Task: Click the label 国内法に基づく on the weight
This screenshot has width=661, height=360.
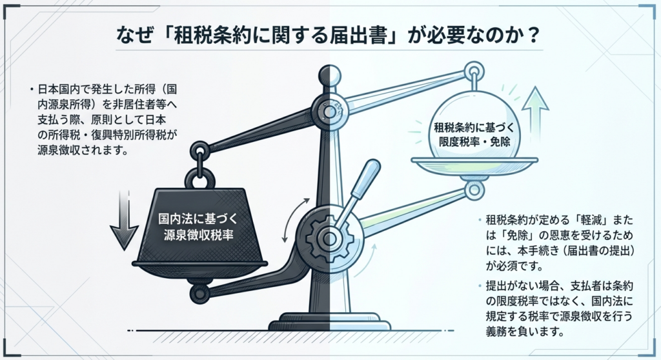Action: pyautogui.click(x=198, y=219)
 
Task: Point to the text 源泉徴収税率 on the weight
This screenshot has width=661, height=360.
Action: pyautogui.click(x=198, y=235)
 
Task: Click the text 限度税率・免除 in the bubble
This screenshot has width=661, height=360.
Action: pyautogui.click(x=474, y=142)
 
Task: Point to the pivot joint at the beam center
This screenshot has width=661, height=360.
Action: pyautogui.click(x=329, y=111)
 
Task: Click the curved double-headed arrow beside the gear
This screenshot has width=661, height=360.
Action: pyautogui.click(x=294, y=219)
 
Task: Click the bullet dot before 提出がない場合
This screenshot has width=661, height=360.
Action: pyautogui.click(x=480, y=286)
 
